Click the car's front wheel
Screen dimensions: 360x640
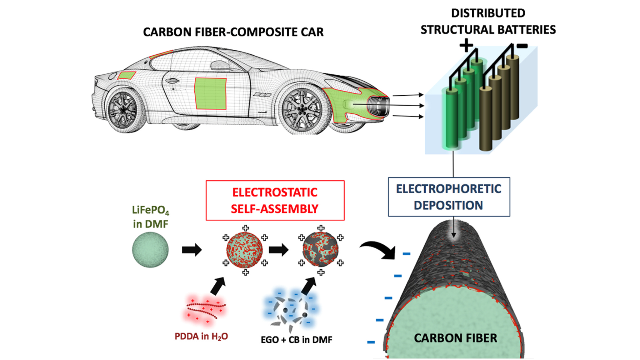tap(302, 109)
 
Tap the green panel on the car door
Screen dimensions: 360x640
tap(210, 93)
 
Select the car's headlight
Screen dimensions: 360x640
tap(378, 106)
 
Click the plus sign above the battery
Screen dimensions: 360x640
tap(466, 46)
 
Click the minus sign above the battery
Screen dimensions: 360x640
tap(522, 46)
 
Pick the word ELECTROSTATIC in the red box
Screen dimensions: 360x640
tap(275, 192)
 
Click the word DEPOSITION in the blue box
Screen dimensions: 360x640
tap(448, 205)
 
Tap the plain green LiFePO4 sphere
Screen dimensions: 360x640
tap(150, 250)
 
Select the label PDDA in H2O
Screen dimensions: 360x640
tap(201, 337)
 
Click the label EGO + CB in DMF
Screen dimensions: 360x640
tap(296, 340)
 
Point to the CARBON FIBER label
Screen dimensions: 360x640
tap(455, 338)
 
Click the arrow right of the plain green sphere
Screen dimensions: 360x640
tap(192, 250)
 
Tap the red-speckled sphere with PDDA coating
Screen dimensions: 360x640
tap(245, 250)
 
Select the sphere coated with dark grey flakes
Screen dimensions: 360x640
tap(321, 250)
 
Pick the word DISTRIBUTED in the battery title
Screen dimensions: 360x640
tap(488, 13)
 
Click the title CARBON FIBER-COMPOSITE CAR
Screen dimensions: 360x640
tap(233, 32)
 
